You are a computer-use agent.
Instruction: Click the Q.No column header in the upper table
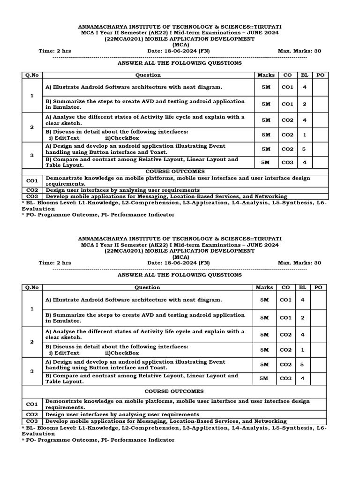(32, 75)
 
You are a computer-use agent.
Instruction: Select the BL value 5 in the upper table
(304, 149)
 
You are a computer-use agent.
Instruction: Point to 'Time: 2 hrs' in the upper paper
(55, 51)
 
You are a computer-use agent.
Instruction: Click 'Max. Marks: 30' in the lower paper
(300, 263)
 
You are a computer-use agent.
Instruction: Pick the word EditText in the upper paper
(67, 138)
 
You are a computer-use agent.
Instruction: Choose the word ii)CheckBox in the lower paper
(122, 353)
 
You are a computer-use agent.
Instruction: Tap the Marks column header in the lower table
(265, 287)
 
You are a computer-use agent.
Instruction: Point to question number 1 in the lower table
(32, 308)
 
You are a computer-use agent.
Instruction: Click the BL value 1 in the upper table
(304, 135)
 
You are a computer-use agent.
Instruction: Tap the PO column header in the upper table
(319, 75)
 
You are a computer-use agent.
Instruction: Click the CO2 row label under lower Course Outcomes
(32, 414)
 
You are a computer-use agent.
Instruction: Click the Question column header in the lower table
(148, 287)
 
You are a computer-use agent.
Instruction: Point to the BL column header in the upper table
(304, 75)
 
